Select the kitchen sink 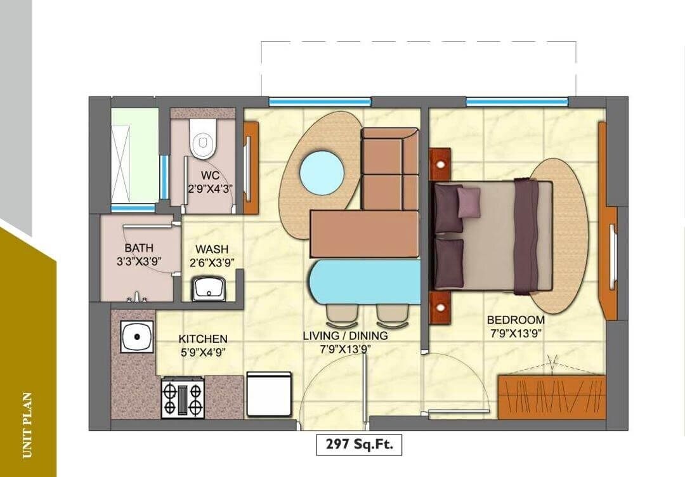click(x=137, y=336)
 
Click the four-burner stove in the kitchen click(x=183, y=398)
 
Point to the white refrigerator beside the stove click(x=269, y=394)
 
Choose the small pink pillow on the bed click(x=469, y=202)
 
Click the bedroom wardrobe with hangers click(x=552, y=396)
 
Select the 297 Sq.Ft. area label click(x=359, y=445)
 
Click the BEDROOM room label click(x=516, y=320)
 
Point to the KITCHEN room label click(x=202, y=339)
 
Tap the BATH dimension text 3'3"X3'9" click(x=139, y=261)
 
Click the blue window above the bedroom click(x=517, y=101)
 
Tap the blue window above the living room click(x=320, y=101)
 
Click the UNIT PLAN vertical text click(x=27, y=425)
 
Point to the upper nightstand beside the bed click(x=440, y=164)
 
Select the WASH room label click(x=212, y=249)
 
